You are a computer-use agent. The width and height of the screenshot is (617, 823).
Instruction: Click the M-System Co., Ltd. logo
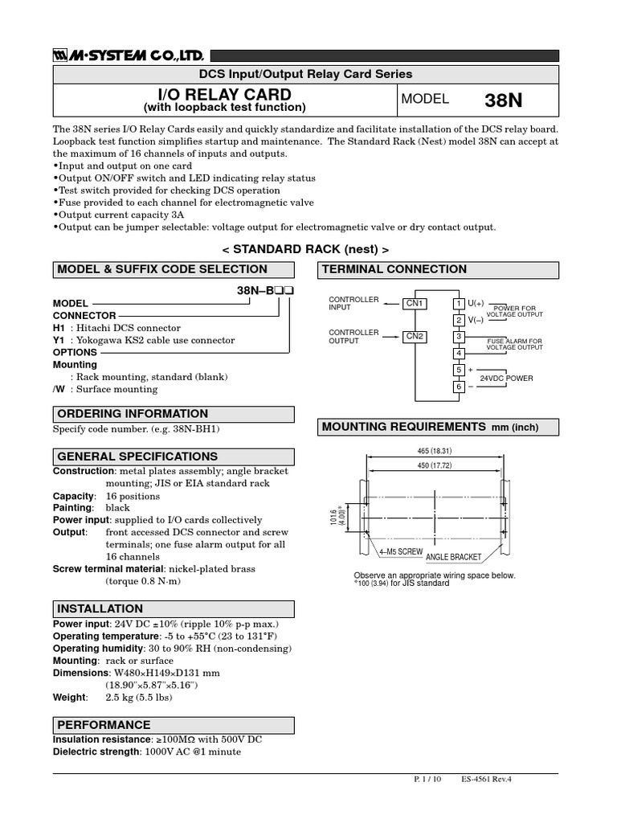(129, 55)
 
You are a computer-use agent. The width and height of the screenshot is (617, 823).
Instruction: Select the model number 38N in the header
(504, 100)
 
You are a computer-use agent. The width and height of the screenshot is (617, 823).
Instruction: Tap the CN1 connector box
(415, 303)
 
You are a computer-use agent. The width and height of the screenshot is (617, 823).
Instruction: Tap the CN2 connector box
(415, 336)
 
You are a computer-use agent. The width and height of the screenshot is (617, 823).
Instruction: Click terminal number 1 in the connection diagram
(459, 303)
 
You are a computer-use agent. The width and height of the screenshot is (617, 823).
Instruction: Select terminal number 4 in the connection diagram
(459, 353)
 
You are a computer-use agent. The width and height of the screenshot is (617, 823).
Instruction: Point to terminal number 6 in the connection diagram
(459, 387)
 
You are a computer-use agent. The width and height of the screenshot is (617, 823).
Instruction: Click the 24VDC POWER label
(506, 378)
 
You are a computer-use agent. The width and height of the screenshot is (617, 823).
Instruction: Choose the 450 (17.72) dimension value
(434, 465)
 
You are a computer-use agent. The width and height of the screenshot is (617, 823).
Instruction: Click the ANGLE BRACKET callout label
(454, 556)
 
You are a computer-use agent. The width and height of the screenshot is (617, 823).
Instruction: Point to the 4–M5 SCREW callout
(400, 551)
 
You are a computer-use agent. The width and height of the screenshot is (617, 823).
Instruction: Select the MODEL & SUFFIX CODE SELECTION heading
(162, 269)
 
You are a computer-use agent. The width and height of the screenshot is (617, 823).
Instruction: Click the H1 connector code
(59, 328)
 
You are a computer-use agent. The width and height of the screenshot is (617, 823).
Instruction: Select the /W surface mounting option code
(59, 389)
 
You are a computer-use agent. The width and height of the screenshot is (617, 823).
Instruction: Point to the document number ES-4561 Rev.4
(486, 779)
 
